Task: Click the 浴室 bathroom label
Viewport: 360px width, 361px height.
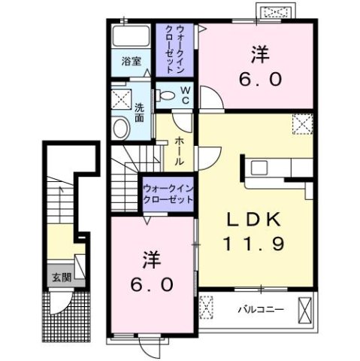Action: pyautogui.click(x=132, y=62)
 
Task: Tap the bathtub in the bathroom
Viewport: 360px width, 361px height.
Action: pyautogui.click(x=132, y=38)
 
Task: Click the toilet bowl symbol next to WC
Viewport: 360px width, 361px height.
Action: pyautogui.click(x=166, y=96)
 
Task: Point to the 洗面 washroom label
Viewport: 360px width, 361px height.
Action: pyautogui.click(x=139, y=112)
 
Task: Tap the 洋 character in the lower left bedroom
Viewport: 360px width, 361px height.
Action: pyautogui.click(x=149, y=260)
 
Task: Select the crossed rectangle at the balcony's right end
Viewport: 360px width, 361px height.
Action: pyautogui.click(x=304, y=308)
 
